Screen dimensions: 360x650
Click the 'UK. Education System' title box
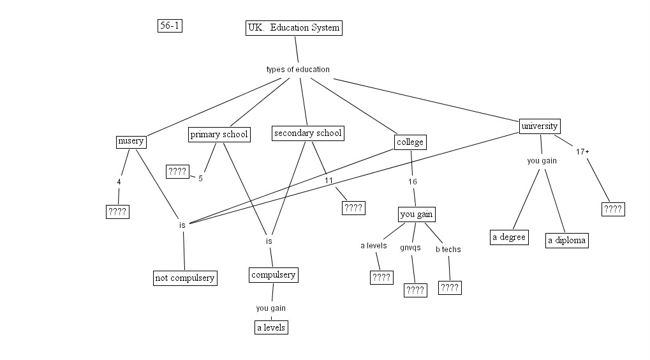coord(293,28)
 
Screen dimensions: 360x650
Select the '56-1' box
coord(170,26)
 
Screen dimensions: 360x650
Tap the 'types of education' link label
coord(298,69)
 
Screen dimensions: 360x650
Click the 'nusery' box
coord(131,141)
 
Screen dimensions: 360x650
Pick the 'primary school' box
coord(219,134)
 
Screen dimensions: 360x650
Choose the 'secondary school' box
coord(307,133)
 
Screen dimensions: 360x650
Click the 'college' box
coord(410,142)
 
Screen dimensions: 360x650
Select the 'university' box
coord(540,126)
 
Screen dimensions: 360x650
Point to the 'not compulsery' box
coord(185,278)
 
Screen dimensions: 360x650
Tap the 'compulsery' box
coord(273,275)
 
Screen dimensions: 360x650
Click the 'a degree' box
coord(509,237)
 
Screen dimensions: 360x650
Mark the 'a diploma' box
coord(566,241)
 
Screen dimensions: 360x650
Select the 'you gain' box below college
coord(417,214)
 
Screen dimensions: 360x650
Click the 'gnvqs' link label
coord(410,247)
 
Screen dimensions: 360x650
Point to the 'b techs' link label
coord(448,249)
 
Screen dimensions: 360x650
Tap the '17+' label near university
coord(582,151)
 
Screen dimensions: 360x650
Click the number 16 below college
coord(412,181)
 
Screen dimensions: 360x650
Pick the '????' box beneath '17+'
coord(612,209)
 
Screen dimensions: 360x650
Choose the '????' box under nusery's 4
coord(117,212)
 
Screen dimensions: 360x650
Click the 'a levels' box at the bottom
coord(270,327)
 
